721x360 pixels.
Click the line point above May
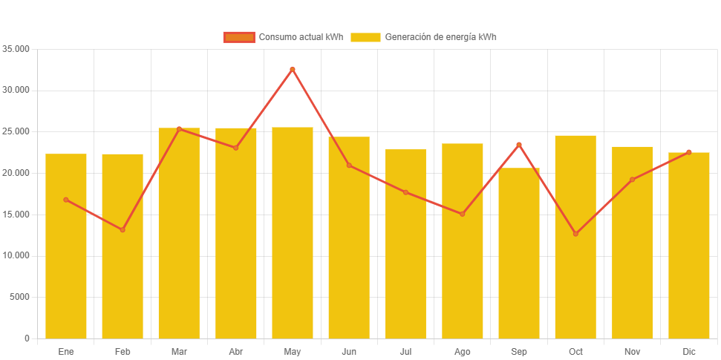293,69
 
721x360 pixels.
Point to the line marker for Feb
123,229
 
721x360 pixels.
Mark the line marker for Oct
575,234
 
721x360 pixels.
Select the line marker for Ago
463,214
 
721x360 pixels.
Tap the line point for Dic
689,152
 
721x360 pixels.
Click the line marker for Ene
66,200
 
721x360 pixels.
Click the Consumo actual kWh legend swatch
239,37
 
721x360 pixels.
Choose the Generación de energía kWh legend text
441,37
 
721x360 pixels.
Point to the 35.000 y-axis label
16,49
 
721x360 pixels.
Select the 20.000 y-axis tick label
16,173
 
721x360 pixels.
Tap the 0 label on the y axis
27,338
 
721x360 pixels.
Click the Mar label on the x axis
179,351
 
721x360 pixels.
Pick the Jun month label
349,351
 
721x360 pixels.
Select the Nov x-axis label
632,351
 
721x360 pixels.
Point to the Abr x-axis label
236,351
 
